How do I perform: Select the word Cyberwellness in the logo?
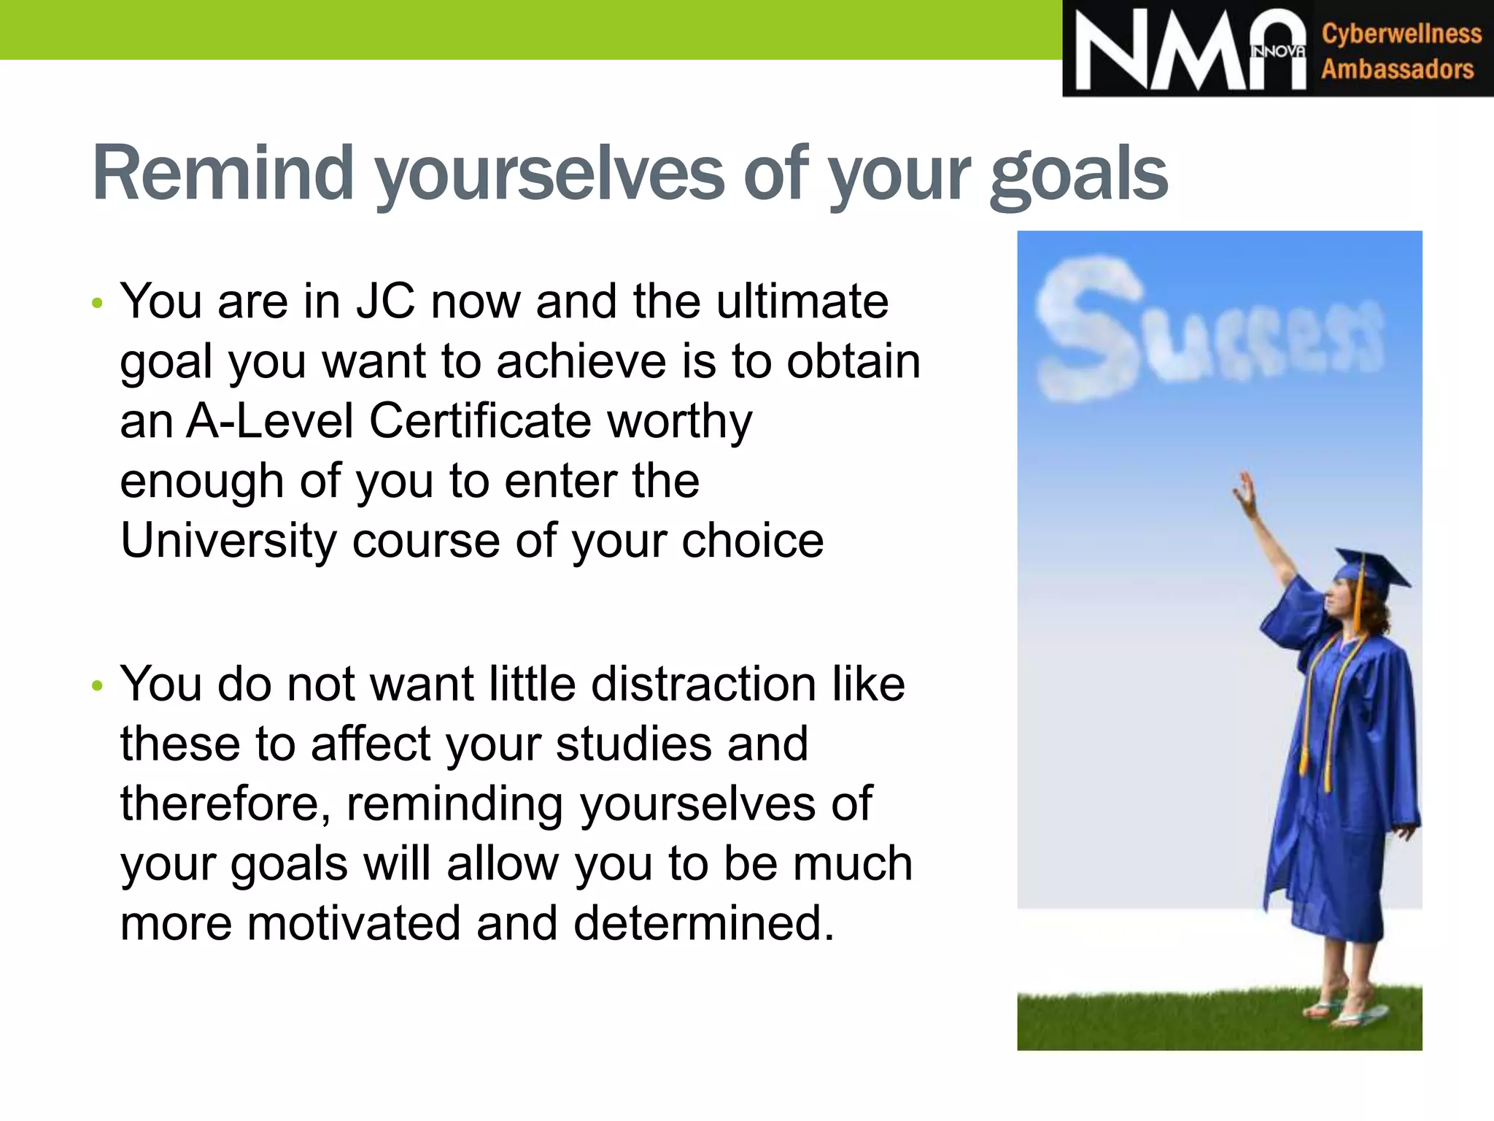click(1401, 34)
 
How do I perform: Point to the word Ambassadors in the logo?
click(1397, 69)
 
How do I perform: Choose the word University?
click(228, 541)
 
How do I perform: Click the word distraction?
click(703, 685)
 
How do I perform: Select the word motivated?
click(354, 923)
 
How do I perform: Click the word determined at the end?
click(703, 923)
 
